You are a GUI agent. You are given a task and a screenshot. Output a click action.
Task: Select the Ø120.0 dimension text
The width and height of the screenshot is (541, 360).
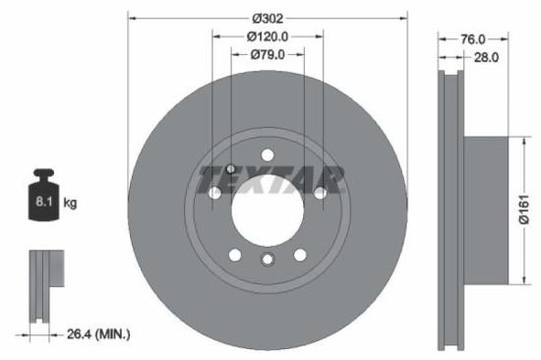tap(268, 36)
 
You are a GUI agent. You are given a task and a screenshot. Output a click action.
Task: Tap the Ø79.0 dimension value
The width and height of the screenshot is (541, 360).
tap(268, 55)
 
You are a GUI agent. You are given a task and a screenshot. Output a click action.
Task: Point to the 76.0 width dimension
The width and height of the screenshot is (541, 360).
tap(474, 39)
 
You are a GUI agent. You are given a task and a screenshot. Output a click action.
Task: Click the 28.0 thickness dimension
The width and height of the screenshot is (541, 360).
tap(486, 58)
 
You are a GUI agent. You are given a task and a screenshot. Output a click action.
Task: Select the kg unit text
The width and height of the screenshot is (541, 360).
tap(71, 203)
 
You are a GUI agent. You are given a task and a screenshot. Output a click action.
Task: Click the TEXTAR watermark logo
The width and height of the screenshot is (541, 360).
tap(271, 179)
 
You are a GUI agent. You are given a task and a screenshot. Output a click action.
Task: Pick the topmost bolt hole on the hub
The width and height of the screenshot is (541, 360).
tap(268, 152)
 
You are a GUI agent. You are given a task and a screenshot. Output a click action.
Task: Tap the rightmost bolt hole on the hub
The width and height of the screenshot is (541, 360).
tap(320, 193)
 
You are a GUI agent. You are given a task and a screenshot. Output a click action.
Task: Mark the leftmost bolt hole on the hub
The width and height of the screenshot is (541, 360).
tap(214, 193)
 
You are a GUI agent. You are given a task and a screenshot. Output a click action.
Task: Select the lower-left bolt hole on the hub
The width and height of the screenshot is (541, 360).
tap(234, 255)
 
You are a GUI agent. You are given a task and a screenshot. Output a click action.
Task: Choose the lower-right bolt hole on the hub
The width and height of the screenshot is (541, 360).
tap(301, 255)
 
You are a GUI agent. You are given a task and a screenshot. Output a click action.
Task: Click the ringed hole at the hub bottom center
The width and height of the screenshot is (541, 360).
tap(268, 260)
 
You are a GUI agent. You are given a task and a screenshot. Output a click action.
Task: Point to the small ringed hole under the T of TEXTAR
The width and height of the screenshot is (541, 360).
tap(230, 168)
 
